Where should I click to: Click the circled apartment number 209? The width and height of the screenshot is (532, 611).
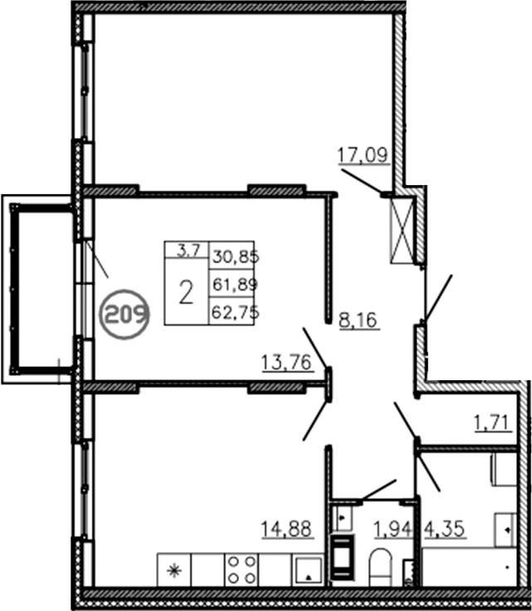click(124, 314)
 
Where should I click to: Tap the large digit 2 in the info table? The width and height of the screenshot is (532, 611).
click(187, 291)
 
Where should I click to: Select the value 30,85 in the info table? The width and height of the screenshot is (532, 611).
click(236, 257)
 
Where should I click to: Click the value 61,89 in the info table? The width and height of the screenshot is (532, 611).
click(236, 285)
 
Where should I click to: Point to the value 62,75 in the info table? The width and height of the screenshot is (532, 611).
click(236, 312)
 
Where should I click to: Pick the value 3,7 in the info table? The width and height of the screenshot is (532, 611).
click(188, 247)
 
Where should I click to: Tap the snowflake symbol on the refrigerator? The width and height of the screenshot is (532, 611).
click(174, 570)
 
